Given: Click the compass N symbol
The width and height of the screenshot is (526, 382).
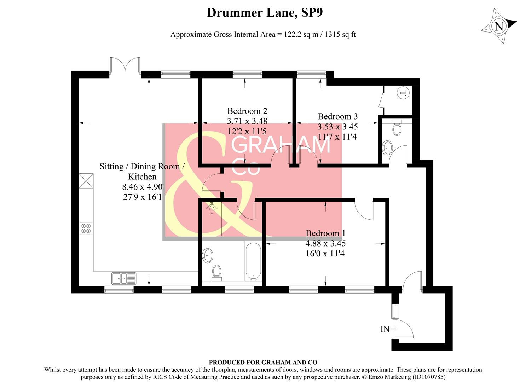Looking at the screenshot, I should point(499,27).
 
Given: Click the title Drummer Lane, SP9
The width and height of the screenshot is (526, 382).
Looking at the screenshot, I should point(265,13).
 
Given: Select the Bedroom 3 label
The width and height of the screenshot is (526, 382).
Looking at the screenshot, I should point(337,116).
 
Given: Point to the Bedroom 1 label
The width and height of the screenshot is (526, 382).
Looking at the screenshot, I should point(325,233).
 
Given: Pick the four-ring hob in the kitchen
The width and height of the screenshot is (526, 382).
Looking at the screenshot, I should point(86,228).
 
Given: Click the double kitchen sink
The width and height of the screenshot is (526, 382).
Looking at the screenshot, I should point(123,278).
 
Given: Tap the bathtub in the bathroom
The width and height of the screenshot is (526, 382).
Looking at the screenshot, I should point(253,261).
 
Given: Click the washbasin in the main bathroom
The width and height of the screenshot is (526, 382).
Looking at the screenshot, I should point(208,255).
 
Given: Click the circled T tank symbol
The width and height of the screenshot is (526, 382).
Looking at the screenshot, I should point(403,93).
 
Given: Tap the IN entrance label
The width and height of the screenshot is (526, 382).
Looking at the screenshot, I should point(385,329).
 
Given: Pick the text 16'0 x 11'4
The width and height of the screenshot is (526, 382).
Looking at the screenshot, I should point(325,254).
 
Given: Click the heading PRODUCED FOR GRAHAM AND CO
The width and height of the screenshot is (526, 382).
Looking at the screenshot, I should point(263,362).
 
